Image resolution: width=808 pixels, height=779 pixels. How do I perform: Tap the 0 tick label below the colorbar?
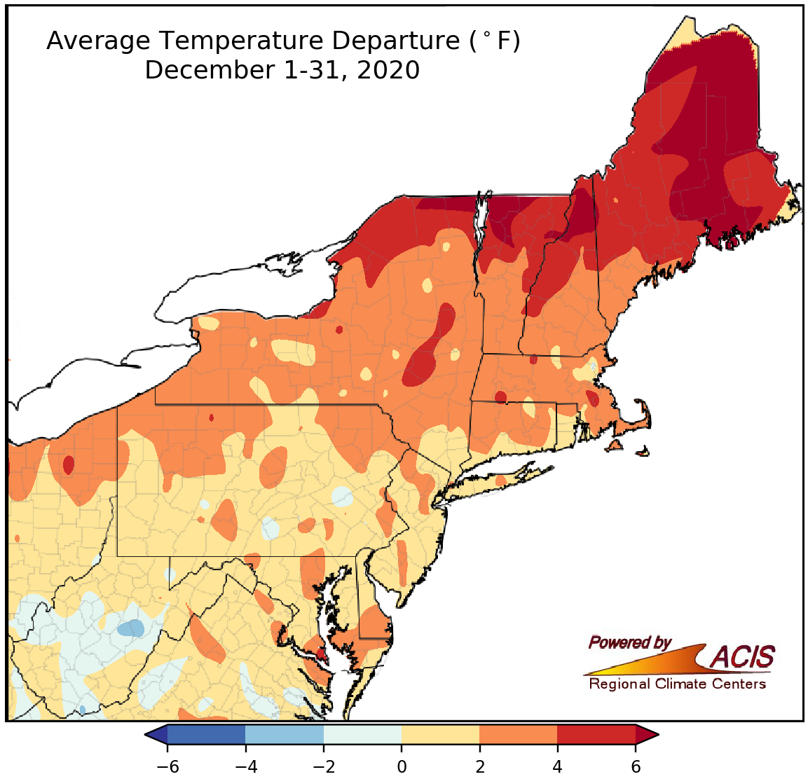pyautogui.click(x=402, y=766)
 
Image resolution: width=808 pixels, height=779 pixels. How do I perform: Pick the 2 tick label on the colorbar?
pyautogui.click(x=479, y=766)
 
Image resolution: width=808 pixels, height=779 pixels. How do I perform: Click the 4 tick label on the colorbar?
pyautogui.click(x=558, y=766)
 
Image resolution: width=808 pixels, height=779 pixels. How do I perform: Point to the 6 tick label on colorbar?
pyautogui.click(x=636, y=766)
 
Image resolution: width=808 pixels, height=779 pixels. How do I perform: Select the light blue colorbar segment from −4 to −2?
pyautogui.click(x=285, y=735)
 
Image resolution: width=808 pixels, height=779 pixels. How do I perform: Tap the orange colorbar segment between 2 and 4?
pyautogui.click(x=519, y=735)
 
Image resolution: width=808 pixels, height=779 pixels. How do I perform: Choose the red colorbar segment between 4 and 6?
pyautogui.click(x=596, y=735)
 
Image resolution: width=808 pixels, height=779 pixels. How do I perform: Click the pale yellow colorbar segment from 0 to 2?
pyautogui.click(x=441, y=735)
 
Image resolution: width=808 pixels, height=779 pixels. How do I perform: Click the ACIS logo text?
pyautogui.click(x=743, y=657)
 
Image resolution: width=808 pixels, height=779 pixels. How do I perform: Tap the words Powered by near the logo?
pyautogui.click(x=629, y=642)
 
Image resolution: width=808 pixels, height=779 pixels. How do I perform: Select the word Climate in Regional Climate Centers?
pyautogui.click(x=678, y=684)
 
